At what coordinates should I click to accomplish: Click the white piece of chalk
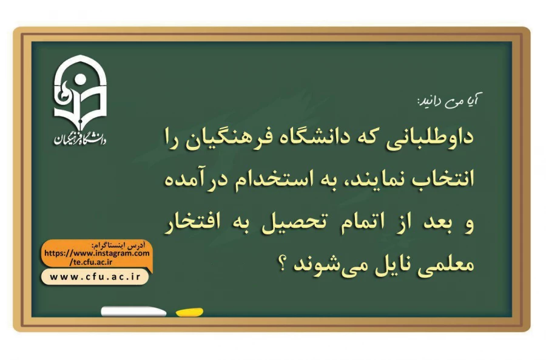[x=133, y=311]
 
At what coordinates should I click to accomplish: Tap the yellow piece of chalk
[x=189, y=312]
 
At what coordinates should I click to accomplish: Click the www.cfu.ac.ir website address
[x=95, y=277]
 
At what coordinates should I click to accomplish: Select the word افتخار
[x=194, y=223]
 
